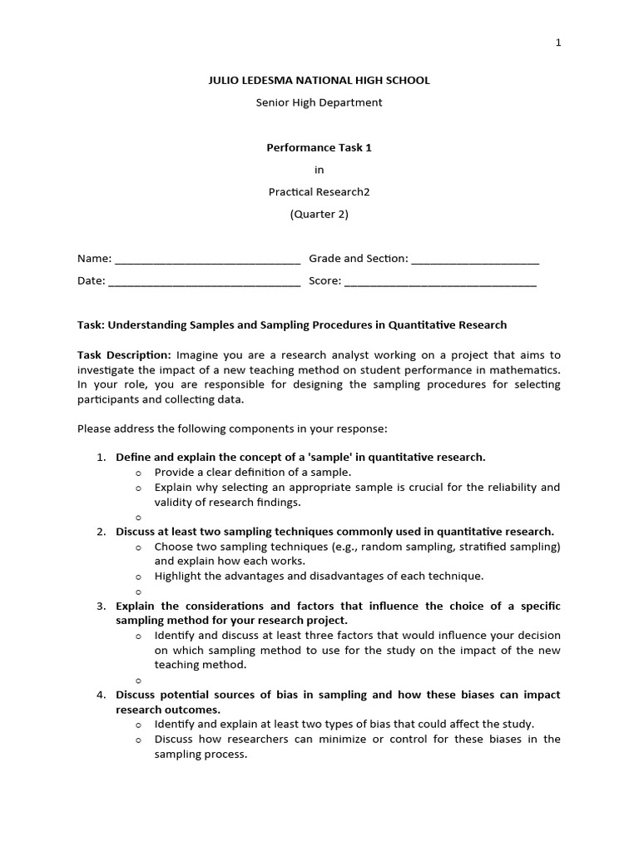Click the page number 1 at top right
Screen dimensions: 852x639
click(x=558, y=42)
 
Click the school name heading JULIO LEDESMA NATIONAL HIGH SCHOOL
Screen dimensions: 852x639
click(x=319, y=81)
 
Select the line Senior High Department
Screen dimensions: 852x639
click(x=319, y=102)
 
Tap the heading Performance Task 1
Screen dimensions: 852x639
click(x=319, y=147)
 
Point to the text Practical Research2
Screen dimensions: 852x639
click(x=319, y=191)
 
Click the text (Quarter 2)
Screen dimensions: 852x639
click(x=319, y=214)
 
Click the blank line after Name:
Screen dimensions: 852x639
click(x=207, y=260)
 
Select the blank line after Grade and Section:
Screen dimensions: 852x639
click(x=475, y=260)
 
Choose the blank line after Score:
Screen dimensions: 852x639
click(x=440, y=282)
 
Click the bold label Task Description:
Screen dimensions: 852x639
click(x=124, y=354)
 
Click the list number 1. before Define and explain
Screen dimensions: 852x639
click(x=101, y=457)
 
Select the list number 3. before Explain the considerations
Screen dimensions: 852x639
click(x=101, y=606)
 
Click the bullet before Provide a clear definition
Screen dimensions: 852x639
click(x=139, y=473)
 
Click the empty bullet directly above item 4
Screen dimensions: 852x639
click(x=139, y=681)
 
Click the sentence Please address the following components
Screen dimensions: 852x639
click(x=232, y=429)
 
